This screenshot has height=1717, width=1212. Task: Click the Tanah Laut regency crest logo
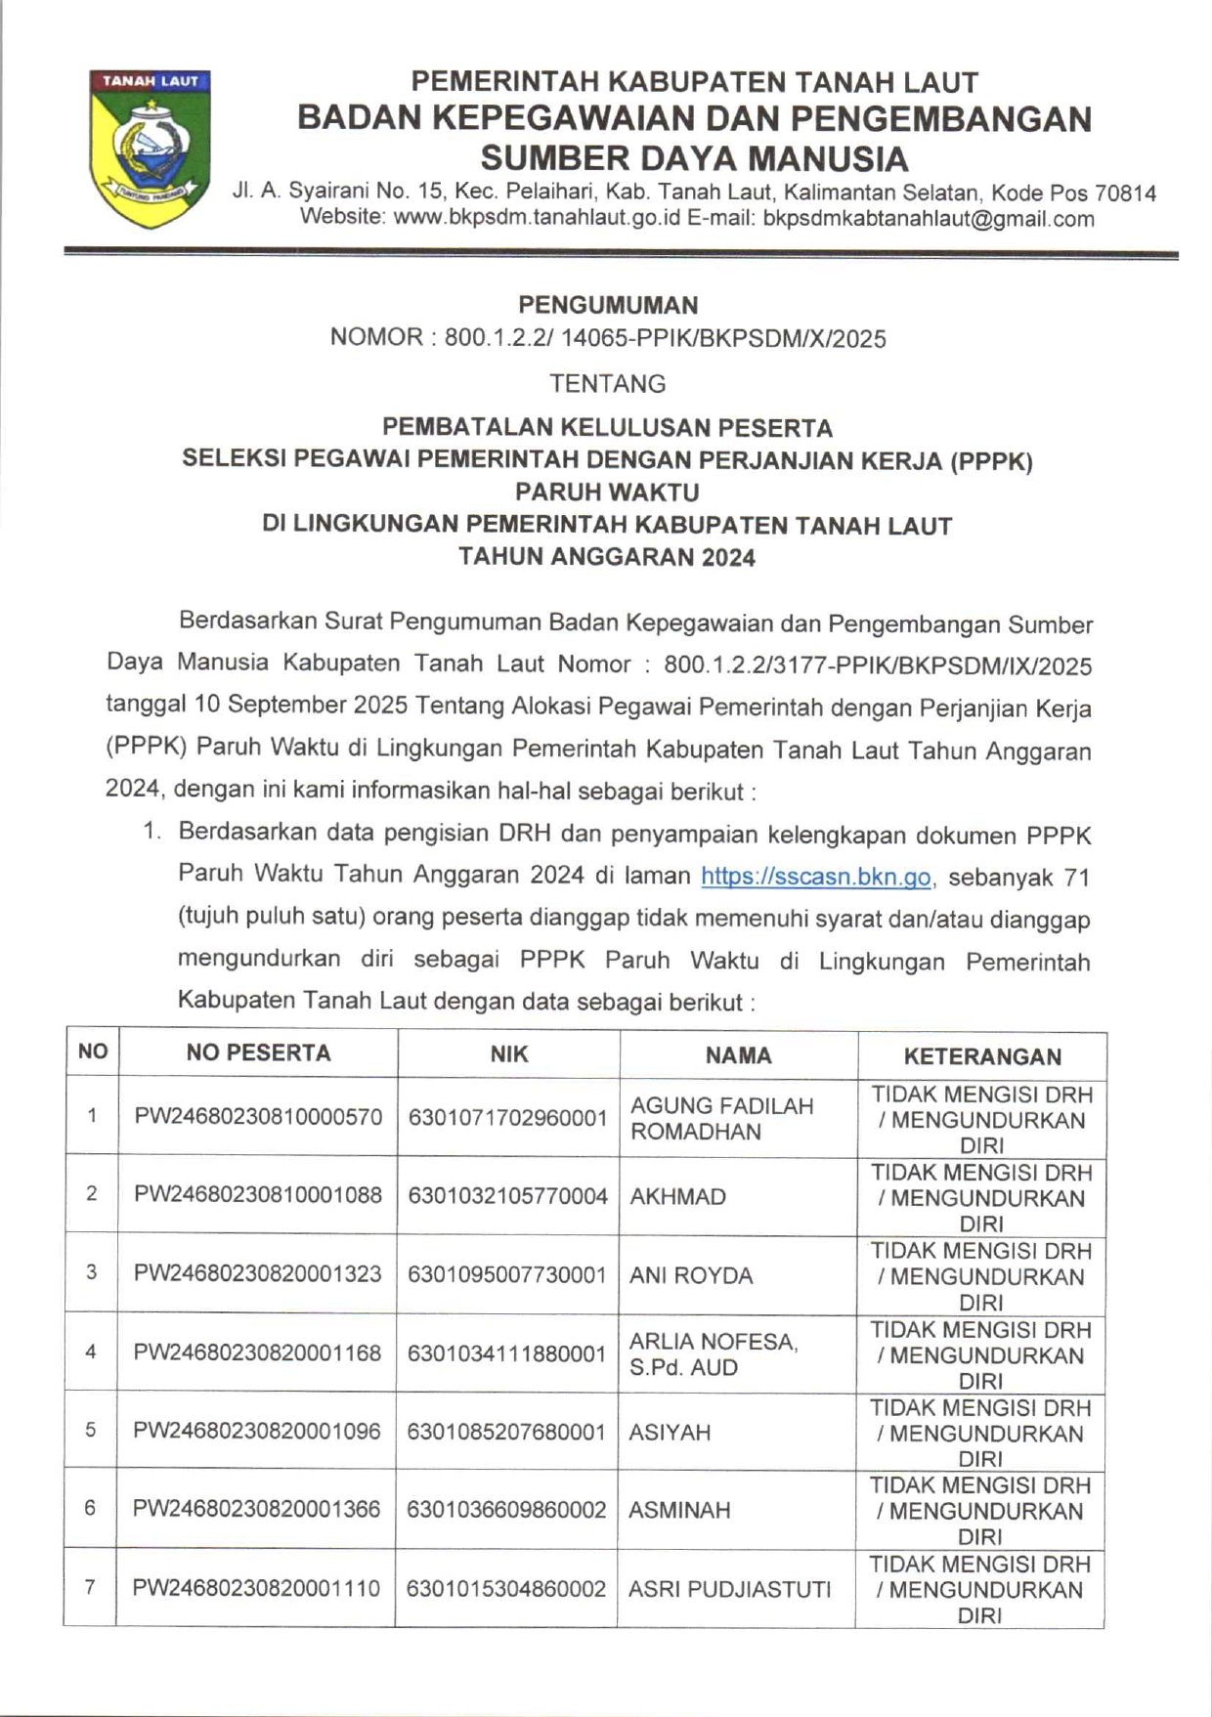pyautogui.click(x=150, y=148)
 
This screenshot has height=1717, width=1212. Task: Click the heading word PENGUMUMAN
pyautogui.click(x=607, y=305)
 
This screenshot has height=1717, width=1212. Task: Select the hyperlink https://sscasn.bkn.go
pyautogui.click(x=815, y=877)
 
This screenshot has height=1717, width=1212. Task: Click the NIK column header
pyautogui.click(x=508, y=1053)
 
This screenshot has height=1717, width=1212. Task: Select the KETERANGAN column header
pyautogui.click(x=981, y=1055)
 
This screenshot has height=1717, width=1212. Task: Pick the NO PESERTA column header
pyautogui.click(x=258, y=1052)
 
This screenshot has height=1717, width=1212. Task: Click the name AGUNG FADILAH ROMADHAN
pyautogui.click(x=721, y=1118)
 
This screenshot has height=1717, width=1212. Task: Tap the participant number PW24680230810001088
pyautogui.click(x=258, y=1194)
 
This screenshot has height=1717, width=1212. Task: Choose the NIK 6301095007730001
pyautogui.click(x=507, y=1274)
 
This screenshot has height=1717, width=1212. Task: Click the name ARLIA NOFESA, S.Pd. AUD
pyautogui.click(x=713, y=1353)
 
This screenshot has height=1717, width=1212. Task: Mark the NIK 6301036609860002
pyautogui.click(x=506, y=1510)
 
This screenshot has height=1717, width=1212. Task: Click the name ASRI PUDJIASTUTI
pyautogui.click(x=729, y=1589)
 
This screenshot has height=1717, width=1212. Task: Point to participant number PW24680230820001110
pyautogui.click(x=256, y=1588)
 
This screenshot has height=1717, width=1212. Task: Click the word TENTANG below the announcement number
pyautogui.click(x=607, y=383)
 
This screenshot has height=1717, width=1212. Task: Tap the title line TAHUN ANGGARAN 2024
pyautogui.click(x=607, y=557)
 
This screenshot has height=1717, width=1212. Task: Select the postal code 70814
pyautogui.click(x=1125, y=193)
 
